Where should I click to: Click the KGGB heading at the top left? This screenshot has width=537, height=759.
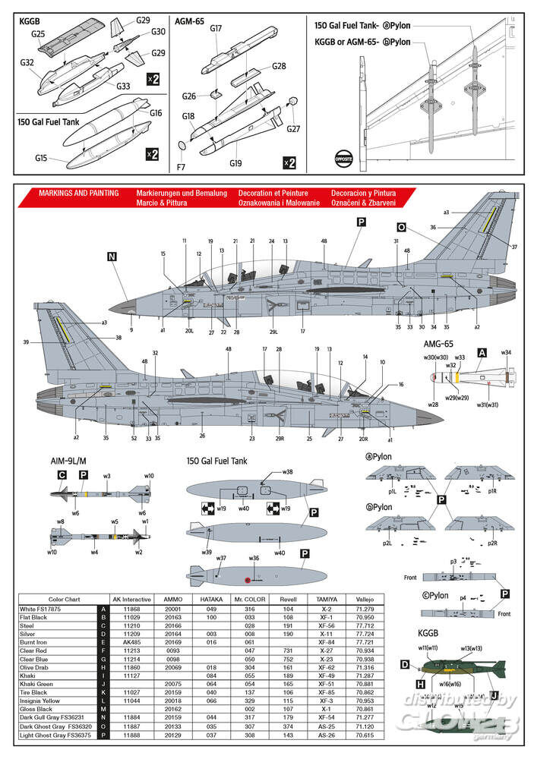click(x=31, y=21)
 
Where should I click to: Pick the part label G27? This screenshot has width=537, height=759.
click(x=293, y=129)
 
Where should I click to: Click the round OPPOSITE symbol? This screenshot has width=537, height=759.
click(x=343, y=159)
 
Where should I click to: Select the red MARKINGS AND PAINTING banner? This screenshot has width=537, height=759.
click(x=79, y=194)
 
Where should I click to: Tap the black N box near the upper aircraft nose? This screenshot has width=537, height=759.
click(x=112, y=257)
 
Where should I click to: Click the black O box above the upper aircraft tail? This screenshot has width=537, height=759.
click(x=401, y=226)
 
